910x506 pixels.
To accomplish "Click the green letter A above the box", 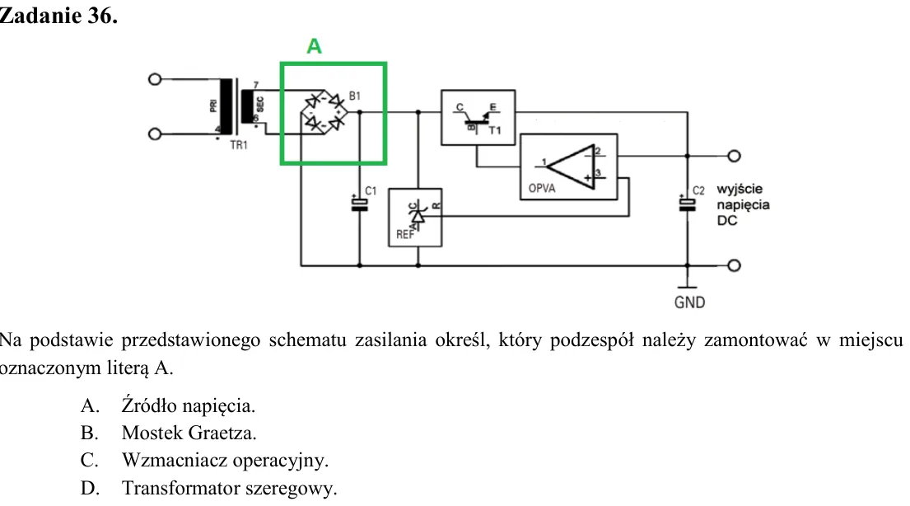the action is click(314, 46).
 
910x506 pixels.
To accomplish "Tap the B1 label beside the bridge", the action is click(355, 96).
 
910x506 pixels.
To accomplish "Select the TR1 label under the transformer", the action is click(239, 145).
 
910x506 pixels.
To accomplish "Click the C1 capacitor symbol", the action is click(360, 204).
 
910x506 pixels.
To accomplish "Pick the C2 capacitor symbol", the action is click(688, 204).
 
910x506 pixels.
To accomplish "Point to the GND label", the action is click(689, 302).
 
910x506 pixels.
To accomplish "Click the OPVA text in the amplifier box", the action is click(542, 188).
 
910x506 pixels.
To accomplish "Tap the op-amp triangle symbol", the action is click(571, 166).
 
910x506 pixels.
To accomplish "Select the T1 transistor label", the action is click(494, 131).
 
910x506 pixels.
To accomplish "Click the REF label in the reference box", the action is click(405, 234).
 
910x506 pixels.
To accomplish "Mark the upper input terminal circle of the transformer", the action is click(154, 79).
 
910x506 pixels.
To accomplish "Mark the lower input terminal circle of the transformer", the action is click(154, 134).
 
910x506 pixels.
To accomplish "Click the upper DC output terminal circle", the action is click(734, 156).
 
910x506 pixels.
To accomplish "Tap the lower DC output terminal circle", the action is click(734, 265).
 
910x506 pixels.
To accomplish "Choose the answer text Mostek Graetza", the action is click(189, 433).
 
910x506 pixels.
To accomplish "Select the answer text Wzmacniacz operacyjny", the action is click(225, 460).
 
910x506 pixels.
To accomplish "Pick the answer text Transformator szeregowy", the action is click(229, 488).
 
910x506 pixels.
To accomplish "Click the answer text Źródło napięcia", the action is click(188, 405).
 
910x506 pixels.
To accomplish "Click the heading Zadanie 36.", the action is click(58, 16).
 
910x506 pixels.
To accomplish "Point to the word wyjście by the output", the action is click(740, 190).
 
